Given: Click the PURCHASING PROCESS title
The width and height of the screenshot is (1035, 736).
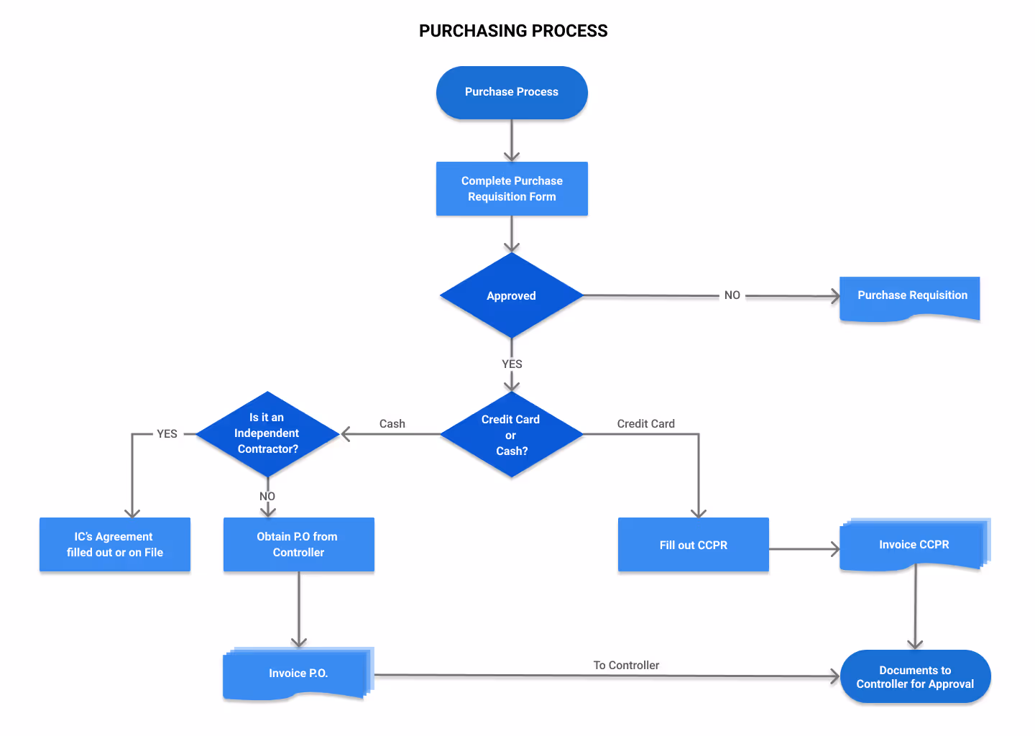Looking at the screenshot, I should click(513, 31).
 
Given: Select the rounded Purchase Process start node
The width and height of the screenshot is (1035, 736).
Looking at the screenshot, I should click(512, 92).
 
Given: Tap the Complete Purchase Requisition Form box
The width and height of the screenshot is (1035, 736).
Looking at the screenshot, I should click(512, 188).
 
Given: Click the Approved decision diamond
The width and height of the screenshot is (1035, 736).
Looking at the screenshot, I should click(511, 295).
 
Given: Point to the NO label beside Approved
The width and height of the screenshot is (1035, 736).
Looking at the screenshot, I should click(732, 295).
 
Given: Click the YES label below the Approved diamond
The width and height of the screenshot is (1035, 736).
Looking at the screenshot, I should click(512, 364).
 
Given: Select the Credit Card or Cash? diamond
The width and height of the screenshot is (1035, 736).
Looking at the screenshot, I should click(511, 435).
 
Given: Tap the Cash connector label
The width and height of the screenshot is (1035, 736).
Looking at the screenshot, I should click(392, 424).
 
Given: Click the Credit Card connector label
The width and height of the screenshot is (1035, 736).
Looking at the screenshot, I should click(645, 424).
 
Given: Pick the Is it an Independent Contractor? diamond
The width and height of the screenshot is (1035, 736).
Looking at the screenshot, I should click(267, 433).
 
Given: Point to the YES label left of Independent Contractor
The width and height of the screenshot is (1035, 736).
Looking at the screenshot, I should click(167, 434).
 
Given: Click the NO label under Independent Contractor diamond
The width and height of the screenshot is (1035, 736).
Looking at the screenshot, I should click(267, 497).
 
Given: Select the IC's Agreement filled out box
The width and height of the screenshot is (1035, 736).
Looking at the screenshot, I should click(115, 545).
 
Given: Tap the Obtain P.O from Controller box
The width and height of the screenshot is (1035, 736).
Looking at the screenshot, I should click(298, 545).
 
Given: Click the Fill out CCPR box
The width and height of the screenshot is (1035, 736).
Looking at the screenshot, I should click(693, 545).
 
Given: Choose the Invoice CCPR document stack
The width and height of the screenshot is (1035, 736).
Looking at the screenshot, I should click(914, 545).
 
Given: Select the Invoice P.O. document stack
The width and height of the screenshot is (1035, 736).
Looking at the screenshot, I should click(298, 673).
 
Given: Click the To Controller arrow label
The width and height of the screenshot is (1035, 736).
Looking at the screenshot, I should click(626, 666).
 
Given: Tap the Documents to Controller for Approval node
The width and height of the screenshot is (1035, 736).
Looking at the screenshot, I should click(915, 677).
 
